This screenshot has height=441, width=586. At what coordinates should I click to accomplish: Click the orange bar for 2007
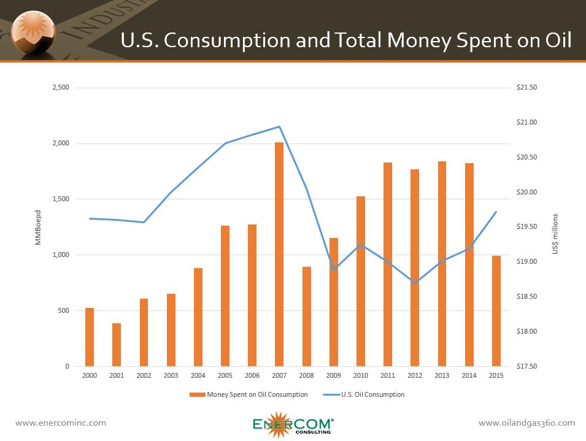279,254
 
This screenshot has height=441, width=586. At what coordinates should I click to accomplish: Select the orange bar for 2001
117,345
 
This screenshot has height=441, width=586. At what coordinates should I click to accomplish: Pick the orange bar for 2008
306,316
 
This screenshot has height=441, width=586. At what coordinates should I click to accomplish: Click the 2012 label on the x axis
415,375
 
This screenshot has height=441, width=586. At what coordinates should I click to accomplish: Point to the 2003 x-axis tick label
171,375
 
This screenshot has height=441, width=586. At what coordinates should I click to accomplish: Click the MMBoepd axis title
37,227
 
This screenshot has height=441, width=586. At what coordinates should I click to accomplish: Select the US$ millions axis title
555,234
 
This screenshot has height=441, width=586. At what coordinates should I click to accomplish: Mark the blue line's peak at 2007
279,127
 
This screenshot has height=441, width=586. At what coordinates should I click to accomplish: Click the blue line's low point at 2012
415,283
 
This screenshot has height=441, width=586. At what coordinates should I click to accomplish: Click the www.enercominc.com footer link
61,423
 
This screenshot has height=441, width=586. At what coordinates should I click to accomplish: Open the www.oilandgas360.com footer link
526,423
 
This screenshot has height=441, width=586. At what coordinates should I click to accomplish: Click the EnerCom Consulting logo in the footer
293,424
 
